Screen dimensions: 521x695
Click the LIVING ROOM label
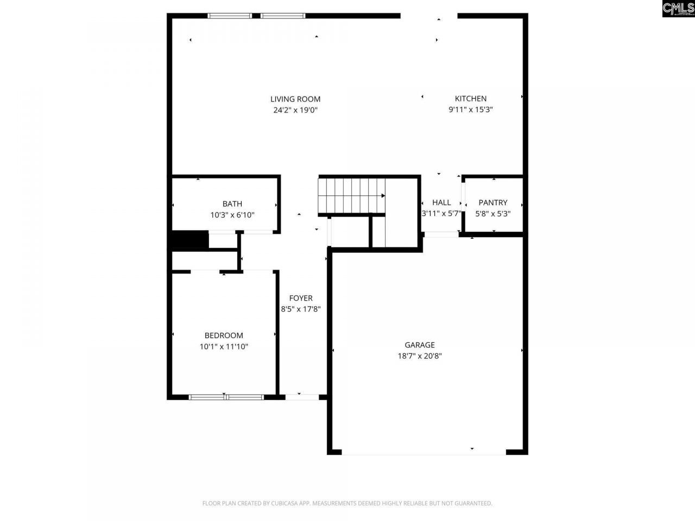[x=295, y=99]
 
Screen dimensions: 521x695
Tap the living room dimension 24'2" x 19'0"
[x=295, y=110]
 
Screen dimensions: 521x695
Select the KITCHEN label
[x=471, y=98]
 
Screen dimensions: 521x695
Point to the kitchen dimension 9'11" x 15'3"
[x=471, y=110]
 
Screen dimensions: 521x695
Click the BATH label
[x=232, y=204]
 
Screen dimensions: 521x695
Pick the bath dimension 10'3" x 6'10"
[x=232, y=215]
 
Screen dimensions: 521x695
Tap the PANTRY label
[x=493, y=202]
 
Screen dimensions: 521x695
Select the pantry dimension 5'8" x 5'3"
[x=493, y=214]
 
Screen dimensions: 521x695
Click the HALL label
[x=441, y=202]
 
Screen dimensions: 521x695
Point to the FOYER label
[x=301, y=298]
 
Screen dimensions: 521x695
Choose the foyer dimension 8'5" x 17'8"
[x=301, y=309]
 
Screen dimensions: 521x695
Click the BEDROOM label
[x=224, y=335]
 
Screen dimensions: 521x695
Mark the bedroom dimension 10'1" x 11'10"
[x=224, y=347]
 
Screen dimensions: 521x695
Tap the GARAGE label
[x=420, y=345]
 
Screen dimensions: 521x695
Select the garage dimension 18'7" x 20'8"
[x=420, y=356]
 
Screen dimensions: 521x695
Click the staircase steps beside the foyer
[x=351, y=195]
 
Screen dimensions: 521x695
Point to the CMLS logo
[x=678, y=8]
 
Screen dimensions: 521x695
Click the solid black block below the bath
[x=190, y=240]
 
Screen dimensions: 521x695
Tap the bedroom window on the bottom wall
[x=226, y=397]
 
